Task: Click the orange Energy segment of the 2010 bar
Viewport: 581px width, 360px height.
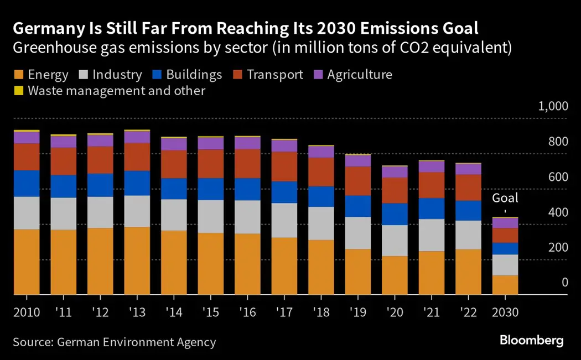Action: pyautogui.click(x=26, y=261)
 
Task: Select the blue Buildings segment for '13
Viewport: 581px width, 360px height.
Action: pyautogui.click(x=136, y=183)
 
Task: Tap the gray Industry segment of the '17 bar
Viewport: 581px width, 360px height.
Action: pyautogui.click(x=284, y=220)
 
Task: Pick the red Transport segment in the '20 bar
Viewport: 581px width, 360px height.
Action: pyautogui.click(x=394, y=190)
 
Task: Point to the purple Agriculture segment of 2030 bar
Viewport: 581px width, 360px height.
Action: pyautogui.click(x=505, y=223)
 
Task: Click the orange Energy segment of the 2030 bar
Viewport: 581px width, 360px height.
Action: pyautogui.click(x=505, y=284)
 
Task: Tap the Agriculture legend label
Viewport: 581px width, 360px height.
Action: pyautogui.click(x=359, y=75)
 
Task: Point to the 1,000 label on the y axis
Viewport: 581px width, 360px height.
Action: pyautogui.click(x=553, y=107)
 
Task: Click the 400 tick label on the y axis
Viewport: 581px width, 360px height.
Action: pyautogui.click(x=558, y=213)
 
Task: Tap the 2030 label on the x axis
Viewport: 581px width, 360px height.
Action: pyautogui.click(x=505, y=312)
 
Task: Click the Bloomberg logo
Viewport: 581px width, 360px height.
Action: pyautogui.click(x=531, y=340)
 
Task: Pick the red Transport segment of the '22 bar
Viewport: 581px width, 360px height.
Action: pyautogui.click(x=468, y=187)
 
